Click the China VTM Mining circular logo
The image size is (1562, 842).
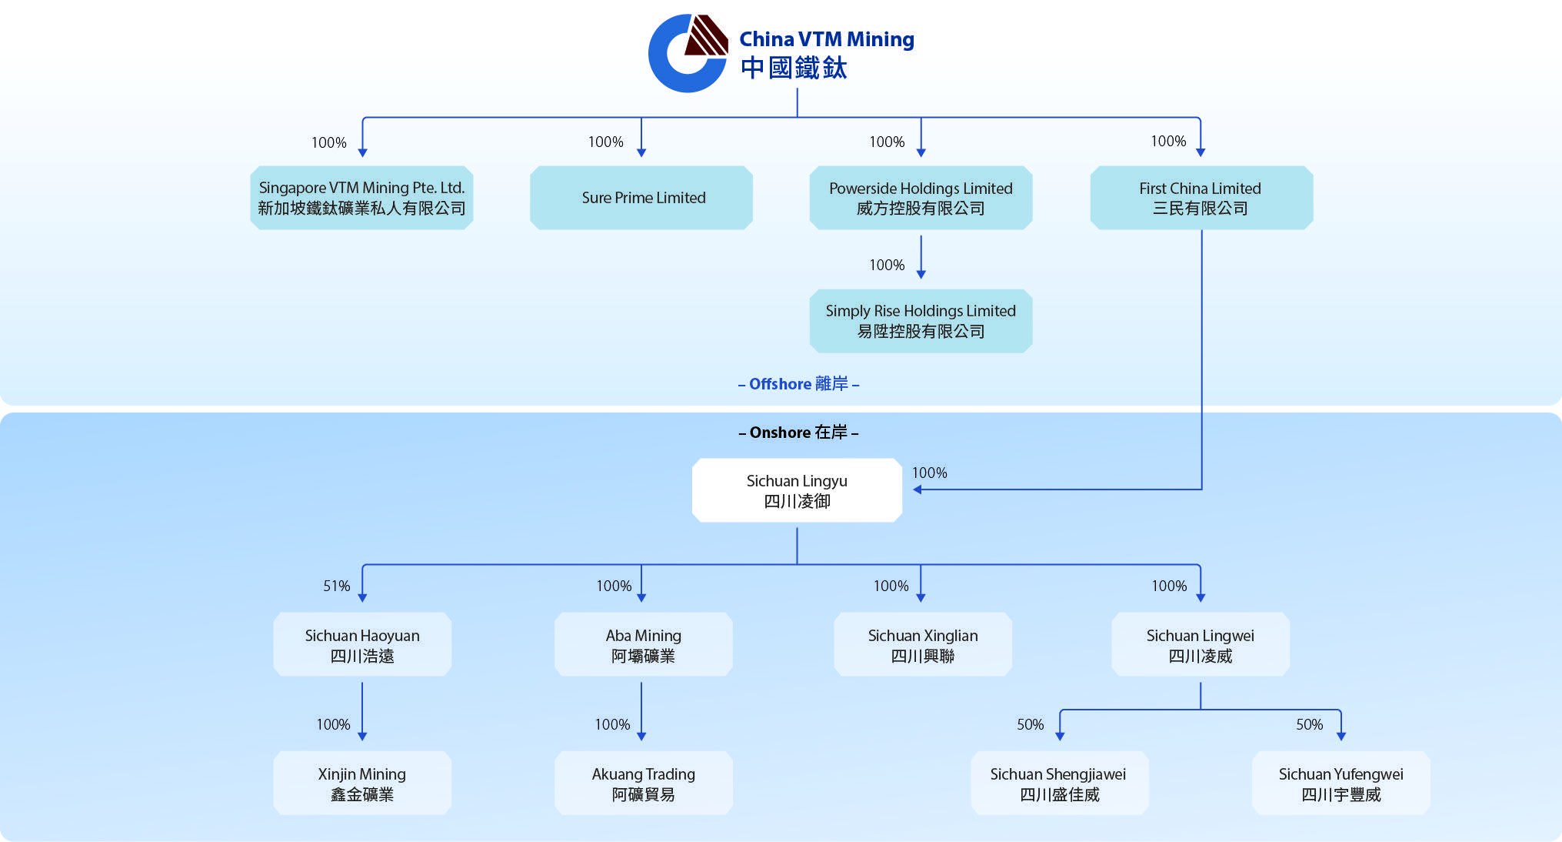[x=687, y=54]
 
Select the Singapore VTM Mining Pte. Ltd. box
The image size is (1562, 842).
[x=361, y=198]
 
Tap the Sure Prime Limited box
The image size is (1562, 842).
[x=641, y=198]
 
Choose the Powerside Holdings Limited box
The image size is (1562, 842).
[x=921, y=198]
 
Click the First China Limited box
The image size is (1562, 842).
[x=1201, y=198]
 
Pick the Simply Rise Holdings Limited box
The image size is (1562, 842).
[x=921, y=321]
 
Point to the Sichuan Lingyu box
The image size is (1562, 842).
[x=797, y=490]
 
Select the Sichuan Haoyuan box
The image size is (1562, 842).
[x=362, y=644]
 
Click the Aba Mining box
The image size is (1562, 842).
[x=643, y=644]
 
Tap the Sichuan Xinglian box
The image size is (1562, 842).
[x=923, y=644]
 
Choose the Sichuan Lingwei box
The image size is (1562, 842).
[x=1201, y=644]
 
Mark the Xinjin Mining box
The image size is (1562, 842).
[x=362, y=783]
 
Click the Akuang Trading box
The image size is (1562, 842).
[x=643, y=783]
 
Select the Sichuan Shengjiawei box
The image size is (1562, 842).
[x=1059, y=783]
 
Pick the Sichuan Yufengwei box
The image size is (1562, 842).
[x=1341, y=783]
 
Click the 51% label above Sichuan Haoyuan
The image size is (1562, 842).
[x=337, y=586]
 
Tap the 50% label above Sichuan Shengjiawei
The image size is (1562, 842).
[x=1031, y=724]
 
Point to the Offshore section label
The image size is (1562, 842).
[x=798, y=383]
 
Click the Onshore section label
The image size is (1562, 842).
[x=798, y=432]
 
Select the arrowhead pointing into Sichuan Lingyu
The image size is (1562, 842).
[x=917, y=489]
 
